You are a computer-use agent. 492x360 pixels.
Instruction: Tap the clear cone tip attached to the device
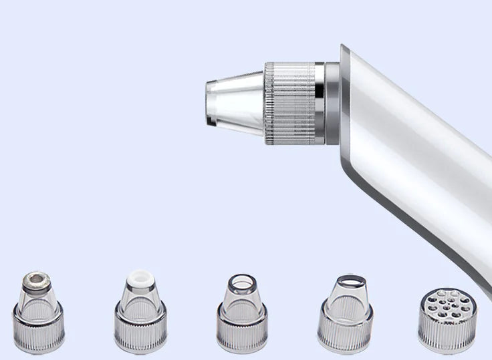[x=238, y=104]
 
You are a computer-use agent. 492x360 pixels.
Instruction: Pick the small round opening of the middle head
[x=241, y=280]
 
